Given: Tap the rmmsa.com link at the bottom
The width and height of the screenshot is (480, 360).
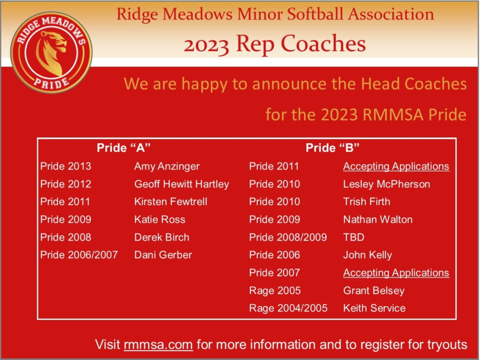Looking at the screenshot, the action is click(x=158, y=345).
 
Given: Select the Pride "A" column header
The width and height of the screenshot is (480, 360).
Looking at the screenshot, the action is click(x=124, y=148).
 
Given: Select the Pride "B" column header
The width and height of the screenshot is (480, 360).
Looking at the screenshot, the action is click(x=332, y=148).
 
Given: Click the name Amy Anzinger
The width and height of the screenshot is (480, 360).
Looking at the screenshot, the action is click(x=167, y=166).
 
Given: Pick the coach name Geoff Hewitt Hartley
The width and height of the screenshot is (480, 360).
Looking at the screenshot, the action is click(x=181, y=184).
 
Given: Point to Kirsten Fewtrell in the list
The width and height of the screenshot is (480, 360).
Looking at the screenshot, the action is click(x=171, y=202).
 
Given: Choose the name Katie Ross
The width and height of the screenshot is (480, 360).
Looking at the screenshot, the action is click(x=159, y=219).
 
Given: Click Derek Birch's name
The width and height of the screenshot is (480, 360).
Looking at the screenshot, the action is click(x=162, y=237).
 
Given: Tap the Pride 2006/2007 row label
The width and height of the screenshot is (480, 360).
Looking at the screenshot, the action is click(x=79, y=255).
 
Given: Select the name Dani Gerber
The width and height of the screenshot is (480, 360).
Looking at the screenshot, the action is click(x=163, y=255).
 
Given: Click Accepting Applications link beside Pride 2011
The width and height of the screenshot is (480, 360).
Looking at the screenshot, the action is click(x=396, y=166).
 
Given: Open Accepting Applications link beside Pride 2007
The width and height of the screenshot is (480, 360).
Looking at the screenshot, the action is click(x=396, y=273).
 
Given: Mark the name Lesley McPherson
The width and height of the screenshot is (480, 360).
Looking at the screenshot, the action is click(x=387, y=184).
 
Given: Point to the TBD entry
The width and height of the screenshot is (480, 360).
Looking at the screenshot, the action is click(x=353, y=237).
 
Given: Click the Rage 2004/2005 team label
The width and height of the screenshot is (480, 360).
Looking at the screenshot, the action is click(x=288, y=308).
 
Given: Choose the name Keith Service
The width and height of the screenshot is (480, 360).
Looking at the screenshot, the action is click(x=375, y=308).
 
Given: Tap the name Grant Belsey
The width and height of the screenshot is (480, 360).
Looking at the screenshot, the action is click(x=374, y=291).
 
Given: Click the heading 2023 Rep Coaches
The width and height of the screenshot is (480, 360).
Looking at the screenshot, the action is click(x=275, y=44).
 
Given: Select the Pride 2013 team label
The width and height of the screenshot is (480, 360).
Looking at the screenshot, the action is click(x=66, y=166).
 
